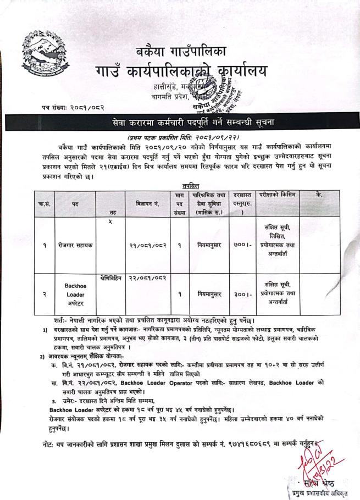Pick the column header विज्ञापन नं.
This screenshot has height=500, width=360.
147,203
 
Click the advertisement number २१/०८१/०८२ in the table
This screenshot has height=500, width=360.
147,245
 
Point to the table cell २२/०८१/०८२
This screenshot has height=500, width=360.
147,279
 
